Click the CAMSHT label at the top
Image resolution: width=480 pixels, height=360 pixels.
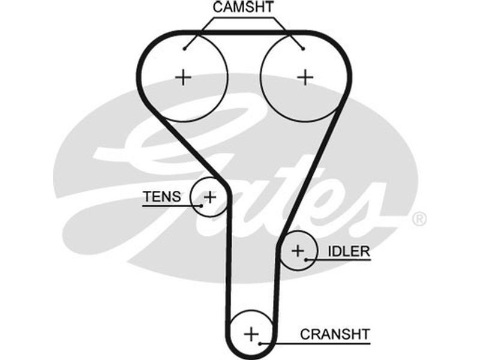(x=243, y=7)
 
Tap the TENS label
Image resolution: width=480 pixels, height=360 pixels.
(x=161, y=196)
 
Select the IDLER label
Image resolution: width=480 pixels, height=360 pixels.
(x=348, y=251)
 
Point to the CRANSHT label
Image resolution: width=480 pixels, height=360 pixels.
(x=335, y=333)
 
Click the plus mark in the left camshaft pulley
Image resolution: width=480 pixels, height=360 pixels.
(x=183, y=77)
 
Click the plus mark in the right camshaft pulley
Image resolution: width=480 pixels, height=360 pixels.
(x=305, y=77)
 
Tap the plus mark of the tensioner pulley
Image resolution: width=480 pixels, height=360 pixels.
(x=209, y=196)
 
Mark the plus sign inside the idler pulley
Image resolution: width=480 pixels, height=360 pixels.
(x=298, y=251)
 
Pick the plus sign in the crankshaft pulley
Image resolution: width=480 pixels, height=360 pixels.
(x=251, y=333)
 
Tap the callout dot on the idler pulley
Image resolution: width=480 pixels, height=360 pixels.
(x=307, y=260)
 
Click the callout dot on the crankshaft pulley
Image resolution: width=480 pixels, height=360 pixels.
(x=260, y=343)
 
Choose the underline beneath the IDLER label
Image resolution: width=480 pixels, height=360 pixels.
(x=342, y=260)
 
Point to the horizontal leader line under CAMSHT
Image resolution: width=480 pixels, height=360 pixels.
(x=243, y=17)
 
